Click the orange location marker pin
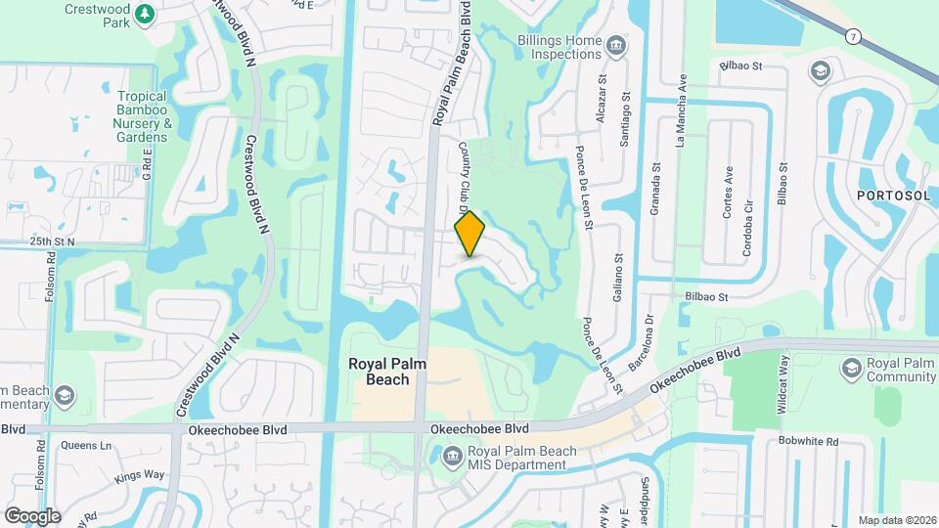470,234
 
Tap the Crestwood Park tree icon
145,14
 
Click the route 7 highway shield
854,36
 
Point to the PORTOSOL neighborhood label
892,196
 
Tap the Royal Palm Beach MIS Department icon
452,454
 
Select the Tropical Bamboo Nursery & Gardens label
144,116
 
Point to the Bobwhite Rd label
809,441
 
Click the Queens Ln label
86,445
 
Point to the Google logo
32,515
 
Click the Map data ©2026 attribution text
896,520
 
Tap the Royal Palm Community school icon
850,368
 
